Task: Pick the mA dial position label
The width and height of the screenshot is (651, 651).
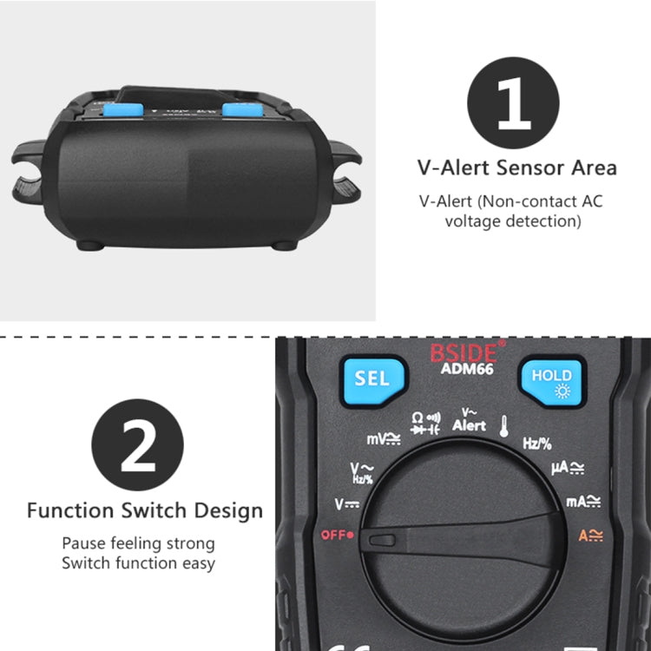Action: pyautogui.click(x=583, y=502)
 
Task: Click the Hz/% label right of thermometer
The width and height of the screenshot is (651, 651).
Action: pyautogui.click(x=536, y=444)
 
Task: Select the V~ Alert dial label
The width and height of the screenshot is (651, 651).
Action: pyautogui.click(x=469, y=421)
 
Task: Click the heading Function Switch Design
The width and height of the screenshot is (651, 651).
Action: pyautogui.click(x=144, y=510)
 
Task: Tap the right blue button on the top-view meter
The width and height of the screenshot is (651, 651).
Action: pyautogui.click(x=240, y=110)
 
